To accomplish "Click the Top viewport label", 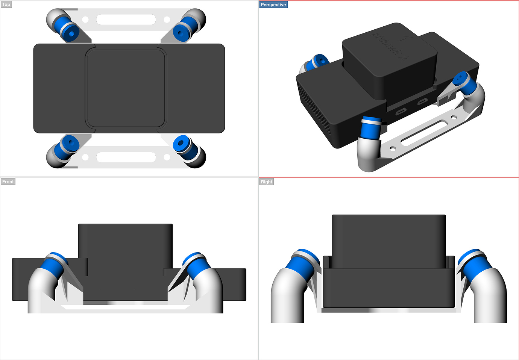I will coord(6,5).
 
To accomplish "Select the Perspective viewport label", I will coord(273,5).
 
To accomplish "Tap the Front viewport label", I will coord(8,182).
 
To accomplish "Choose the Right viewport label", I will coord(266,182).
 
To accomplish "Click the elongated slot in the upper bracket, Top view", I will coord(126,20).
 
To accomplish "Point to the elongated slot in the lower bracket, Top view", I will coord(126,157).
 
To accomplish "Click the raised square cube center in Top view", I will coord(125,88).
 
